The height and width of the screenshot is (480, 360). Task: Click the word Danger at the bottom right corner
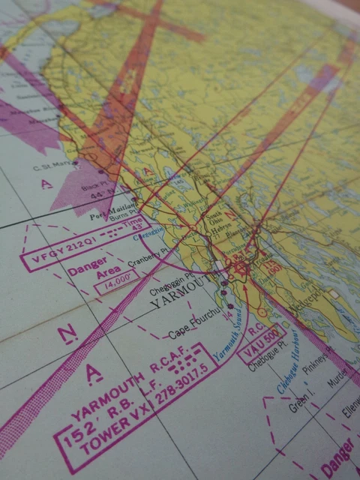pos(338,460)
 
